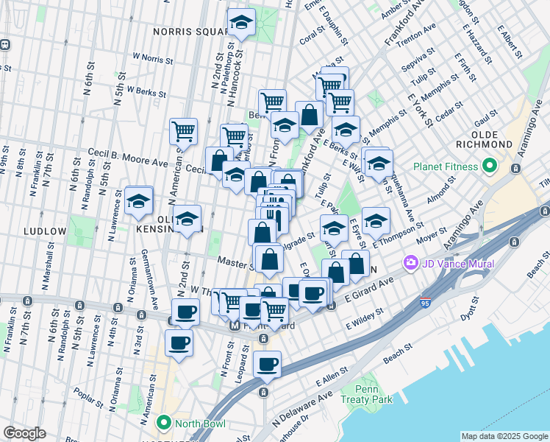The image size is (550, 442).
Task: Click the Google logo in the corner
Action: pos(25,433)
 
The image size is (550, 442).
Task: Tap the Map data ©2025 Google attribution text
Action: pos(504,436)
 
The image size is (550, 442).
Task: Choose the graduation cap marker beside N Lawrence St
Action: pos(138,200)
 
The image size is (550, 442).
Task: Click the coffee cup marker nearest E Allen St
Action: pos(267,363)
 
